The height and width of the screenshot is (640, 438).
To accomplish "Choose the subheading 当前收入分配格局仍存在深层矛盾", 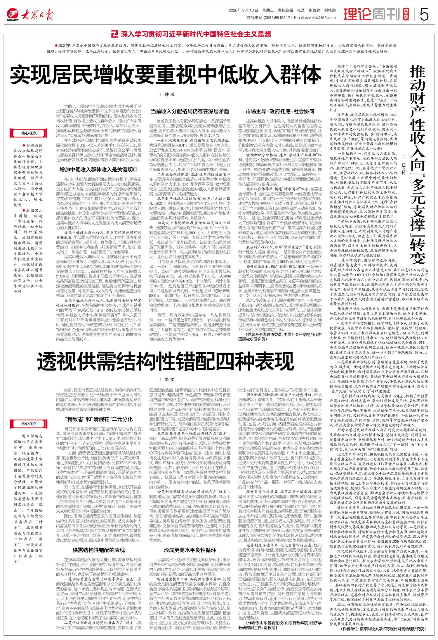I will [x=190, y=111].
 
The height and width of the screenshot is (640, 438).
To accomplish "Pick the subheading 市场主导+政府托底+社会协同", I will [x=280, y=111].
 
